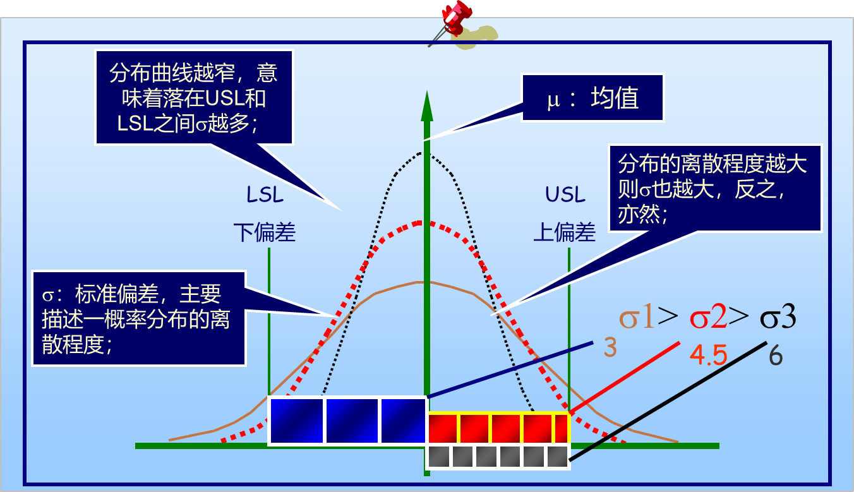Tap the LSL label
point(265,195)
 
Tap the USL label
point(565,195)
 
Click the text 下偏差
point(265,232)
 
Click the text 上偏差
point(564,232)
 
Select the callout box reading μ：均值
point(592,98)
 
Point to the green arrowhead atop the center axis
point(427,106)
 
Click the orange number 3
point(610,347)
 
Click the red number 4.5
point(708,355)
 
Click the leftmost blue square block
point(297,421)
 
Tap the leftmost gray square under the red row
point(439,457)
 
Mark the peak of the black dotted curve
point(421,153)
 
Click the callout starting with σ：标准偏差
point(139,318)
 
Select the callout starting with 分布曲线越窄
point(194,97)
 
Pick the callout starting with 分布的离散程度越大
point(715,188)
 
